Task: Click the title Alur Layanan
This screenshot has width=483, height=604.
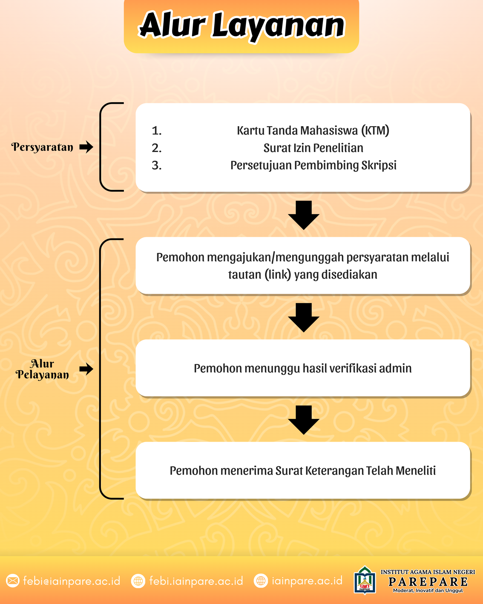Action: [241, 25]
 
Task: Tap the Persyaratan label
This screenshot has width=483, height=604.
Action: [42, 147]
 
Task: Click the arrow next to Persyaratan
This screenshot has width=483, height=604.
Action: [86, 147]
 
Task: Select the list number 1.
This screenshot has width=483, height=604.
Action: [157, 131]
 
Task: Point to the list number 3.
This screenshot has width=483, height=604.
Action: [157, 165]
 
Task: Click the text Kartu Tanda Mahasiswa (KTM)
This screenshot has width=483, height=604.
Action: [313, 131]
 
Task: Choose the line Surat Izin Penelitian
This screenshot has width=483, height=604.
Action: [313, 148]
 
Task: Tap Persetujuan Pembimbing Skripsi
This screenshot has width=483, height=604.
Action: [313, 165]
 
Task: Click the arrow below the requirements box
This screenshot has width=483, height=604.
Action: [303, 215]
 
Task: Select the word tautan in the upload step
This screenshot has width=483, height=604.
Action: [245, 275]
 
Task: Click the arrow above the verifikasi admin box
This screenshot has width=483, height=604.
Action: [303, 317]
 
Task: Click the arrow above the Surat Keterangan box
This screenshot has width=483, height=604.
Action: [303, 420]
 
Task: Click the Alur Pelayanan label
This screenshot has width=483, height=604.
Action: [42, 369]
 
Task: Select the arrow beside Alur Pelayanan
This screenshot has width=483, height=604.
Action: [86, 369]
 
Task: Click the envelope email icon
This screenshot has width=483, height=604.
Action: [13, 581]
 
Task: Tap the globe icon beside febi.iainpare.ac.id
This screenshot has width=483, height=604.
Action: [138, 581]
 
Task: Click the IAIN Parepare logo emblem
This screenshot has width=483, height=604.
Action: [365, 581]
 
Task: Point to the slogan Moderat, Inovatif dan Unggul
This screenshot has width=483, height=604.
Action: [428, 590]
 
